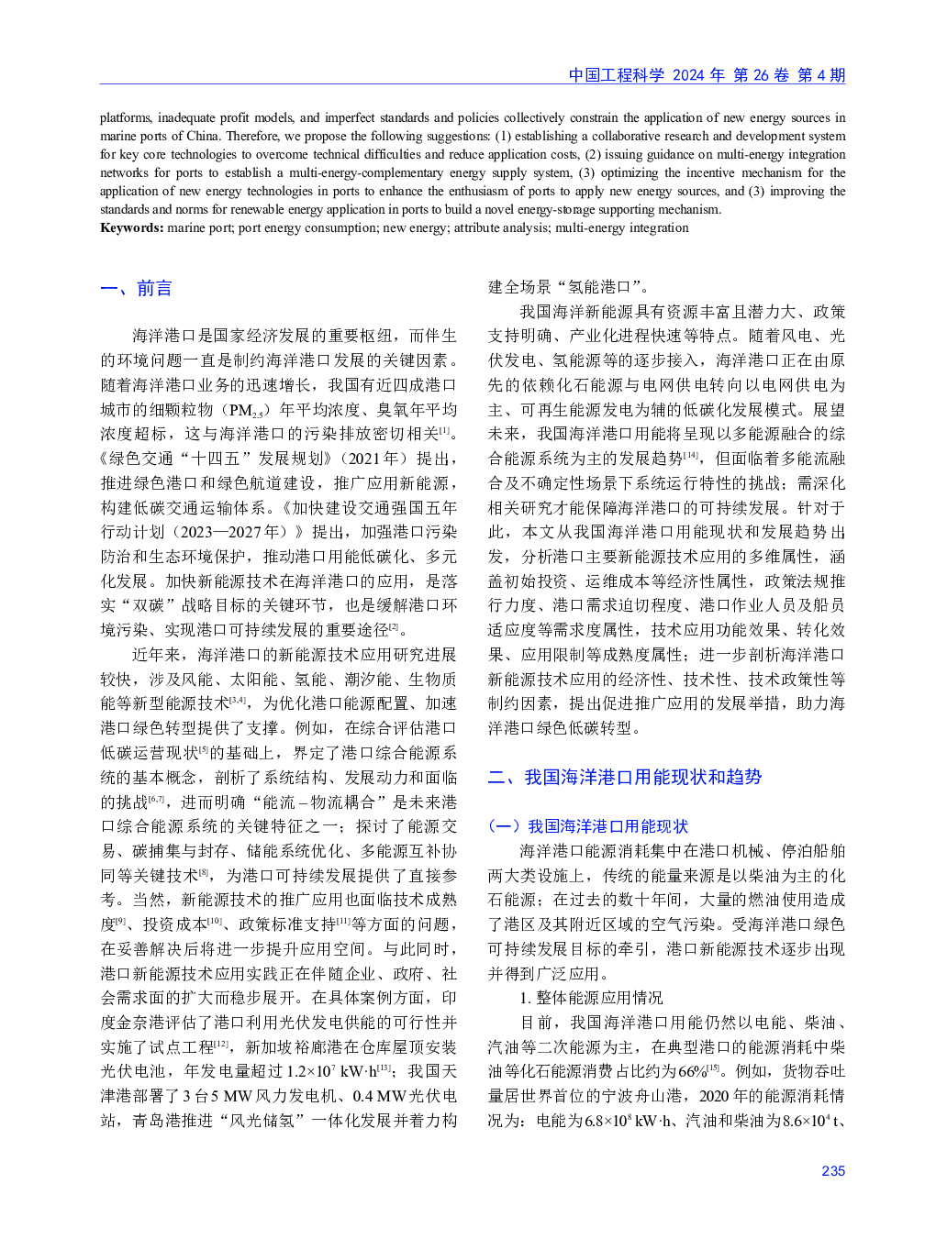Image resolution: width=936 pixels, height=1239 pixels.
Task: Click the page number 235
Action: pyautogui.click(x=832, y=1170)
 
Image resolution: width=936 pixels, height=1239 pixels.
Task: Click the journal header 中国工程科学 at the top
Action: pyautogui.click(x=616, y=75)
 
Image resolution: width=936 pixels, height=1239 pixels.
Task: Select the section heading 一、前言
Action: pyautogui.click(x=136, y=288)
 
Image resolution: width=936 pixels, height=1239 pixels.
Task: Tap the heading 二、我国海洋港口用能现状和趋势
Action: pyautogui.click(x=624, y=777)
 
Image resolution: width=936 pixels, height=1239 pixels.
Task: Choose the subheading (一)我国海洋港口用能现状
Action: pyautogui.click(x=587, y=826)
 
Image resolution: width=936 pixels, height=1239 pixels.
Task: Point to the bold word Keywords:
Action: pyautogui.click(x=132, y=227)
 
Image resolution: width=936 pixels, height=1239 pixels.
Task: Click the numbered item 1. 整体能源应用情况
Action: pyautogui.click(x=591, y=997)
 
